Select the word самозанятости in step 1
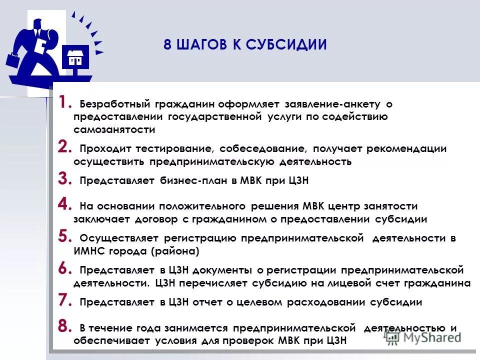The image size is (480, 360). pyautogui.click(x=114, y=130)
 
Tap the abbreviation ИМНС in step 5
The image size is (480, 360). pyautogui.click(x=89, y=251)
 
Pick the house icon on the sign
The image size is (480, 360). pyautogui.click(x=76, y=57)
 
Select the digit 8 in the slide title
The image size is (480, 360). pyautogui.click(x=167, y=45)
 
